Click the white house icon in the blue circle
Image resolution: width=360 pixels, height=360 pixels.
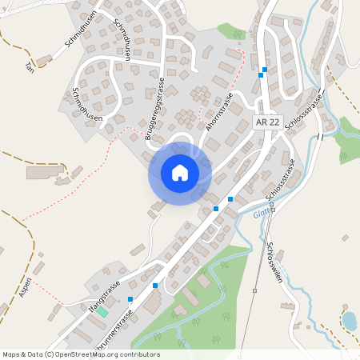click(x=180, y=173)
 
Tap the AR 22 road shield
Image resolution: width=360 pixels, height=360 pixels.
click(x=268, y=122)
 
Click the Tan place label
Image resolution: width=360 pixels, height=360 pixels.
click(x=30, y=64)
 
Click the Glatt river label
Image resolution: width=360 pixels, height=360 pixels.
click(x=260, y=214)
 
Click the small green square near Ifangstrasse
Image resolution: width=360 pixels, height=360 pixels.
click(x=102, y=310)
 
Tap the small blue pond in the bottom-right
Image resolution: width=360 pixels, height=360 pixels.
click(x=349, y=322)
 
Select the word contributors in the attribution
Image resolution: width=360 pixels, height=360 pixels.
click(x=139, y=354)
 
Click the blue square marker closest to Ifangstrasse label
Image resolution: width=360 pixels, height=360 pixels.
click(x=130, y=299)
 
